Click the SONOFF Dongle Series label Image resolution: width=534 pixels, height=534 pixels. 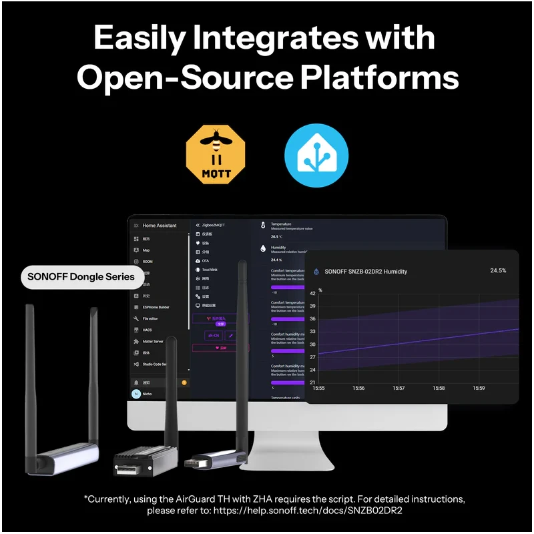point(81,276)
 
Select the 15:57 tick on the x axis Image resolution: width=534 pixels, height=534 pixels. point(398,388)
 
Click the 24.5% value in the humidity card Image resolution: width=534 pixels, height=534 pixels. point(498,270)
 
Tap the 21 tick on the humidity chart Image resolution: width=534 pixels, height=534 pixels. point(312,382)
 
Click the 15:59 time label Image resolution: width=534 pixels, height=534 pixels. point(479,388)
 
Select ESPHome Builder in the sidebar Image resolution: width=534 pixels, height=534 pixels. point(156,307)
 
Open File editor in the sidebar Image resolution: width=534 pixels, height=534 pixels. point(152,318)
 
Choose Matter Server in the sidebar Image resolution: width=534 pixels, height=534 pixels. point(153,341)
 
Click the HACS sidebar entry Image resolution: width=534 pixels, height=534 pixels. point(148,330)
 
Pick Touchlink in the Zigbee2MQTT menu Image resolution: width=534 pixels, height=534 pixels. point(210,269)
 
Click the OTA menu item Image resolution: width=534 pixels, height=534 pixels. point(206,260)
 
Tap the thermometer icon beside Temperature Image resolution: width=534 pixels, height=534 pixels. point(263,226)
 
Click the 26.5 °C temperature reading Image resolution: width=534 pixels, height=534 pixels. point(276,236)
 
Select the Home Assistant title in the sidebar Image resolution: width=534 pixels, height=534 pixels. point(160,226)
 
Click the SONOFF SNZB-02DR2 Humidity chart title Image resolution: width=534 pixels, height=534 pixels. point(365,272)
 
